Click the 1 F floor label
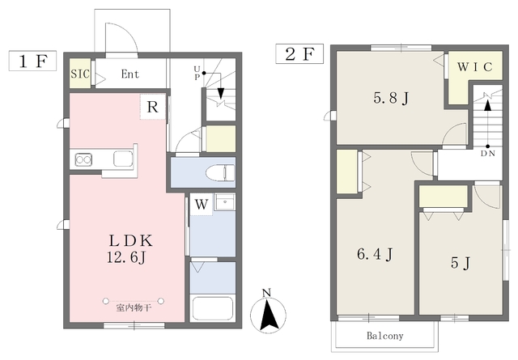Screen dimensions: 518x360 coord(32,61)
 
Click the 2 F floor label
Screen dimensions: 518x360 coord(299,53)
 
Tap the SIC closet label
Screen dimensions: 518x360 coord(80,74)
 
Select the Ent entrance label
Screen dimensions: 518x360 coord(130,74)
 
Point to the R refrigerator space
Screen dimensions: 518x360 coord(152,107)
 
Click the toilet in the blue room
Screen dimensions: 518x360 coord(220,173)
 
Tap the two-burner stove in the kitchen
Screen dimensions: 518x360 coord(83,160)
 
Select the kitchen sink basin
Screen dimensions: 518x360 coord(123,159)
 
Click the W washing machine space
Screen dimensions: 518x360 coord(202,205)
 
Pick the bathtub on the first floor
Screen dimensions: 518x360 coord(213,308)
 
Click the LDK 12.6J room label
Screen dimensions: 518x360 coord(130,249)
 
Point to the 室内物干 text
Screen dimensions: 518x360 coord(134,308)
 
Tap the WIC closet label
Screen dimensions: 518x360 coord(475,67)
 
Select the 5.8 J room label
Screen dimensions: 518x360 coord(391,98)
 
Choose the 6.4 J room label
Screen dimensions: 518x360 coord(375,254)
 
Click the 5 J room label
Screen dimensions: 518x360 coord(461,263)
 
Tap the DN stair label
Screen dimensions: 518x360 coord(487,153)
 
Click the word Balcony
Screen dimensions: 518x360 coord(385,336)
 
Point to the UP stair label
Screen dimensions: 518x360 coord(197,73)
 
